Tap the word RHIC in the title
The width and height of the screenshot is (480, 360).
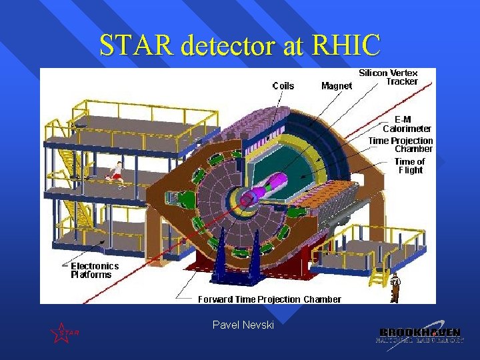[x=348, y=45]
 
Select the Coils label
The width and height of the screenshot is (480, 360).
[x=283, y=85]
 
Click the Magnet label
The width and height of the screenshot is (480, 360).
[x=337, y=85]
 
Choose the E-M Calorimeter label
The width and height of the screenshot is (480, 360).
[x=407, y=123]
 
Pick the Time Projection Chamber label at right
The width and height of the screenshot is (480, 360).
[x=401, y=145]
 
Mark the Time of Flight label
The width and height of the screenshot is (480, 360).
[x=409, y=165]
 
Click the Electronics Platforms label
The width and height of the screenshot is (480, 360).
[x=95, y=270]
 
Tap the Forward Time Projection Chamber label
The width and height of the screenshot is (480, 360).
[x=269, y=299]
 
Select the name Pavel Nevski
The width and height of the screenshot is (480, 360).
[x=243, y=325]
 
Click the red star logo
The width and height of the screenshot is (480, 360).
[x=61, y=332]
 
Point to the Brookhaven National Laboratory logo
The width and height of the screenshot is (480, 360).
[x=419, y=335]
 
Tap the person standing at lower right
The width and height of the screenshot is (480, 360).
[x=395, y=287]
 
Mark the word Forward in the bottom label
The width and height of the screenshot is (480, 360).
[x=215, y=299]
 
